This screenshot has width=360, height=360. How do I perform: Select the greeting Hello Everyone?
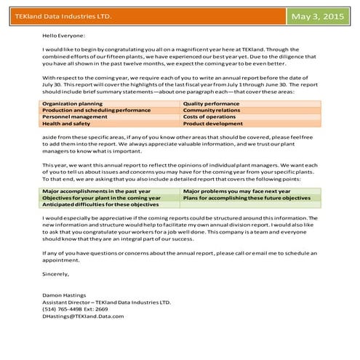tap(64, 35)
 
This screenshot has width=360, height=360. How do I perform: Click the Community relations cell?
tap(212, 111)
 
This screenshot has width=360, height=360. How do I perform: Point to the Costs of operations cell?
tap(210, 117)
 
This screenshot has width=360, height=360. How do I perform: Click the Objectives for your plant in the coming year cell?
tap(101, 197)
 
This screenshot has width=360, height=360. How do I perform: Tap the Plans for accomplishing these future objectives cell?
tap(247, 197)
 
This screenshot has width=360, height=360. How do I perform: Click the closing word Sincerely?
tap(56, 273)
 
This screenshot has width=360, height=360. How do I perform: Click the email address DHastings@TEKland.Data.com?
tap(83, 316)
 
